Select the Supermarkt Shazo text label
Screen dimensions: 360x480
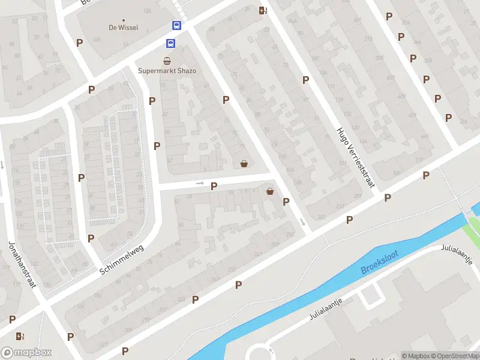click(167, 71)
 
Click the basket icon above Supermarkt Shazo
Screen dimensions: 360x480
click(167, 61)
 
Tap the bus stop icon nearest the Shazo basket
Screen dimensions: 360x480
click(171, 43)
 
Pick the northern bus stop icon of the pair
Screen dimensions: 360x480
click(177, 26)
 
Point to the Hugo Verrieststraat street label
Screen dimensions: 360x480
click(356, 158)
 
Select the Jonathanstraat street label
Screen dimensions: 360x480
click(23, 265)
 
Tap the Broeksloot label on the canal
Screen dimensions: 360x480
click(380, 262)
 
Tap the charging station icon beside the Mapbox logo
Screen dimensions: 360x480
click(20, 337)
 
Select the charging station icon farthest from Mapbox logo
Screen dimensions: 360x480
click(262, 10)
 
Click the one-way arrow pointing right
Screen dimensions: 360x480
click(200, 183)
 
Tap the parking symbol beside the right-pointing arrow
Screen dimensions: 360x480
click(214, 187)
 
